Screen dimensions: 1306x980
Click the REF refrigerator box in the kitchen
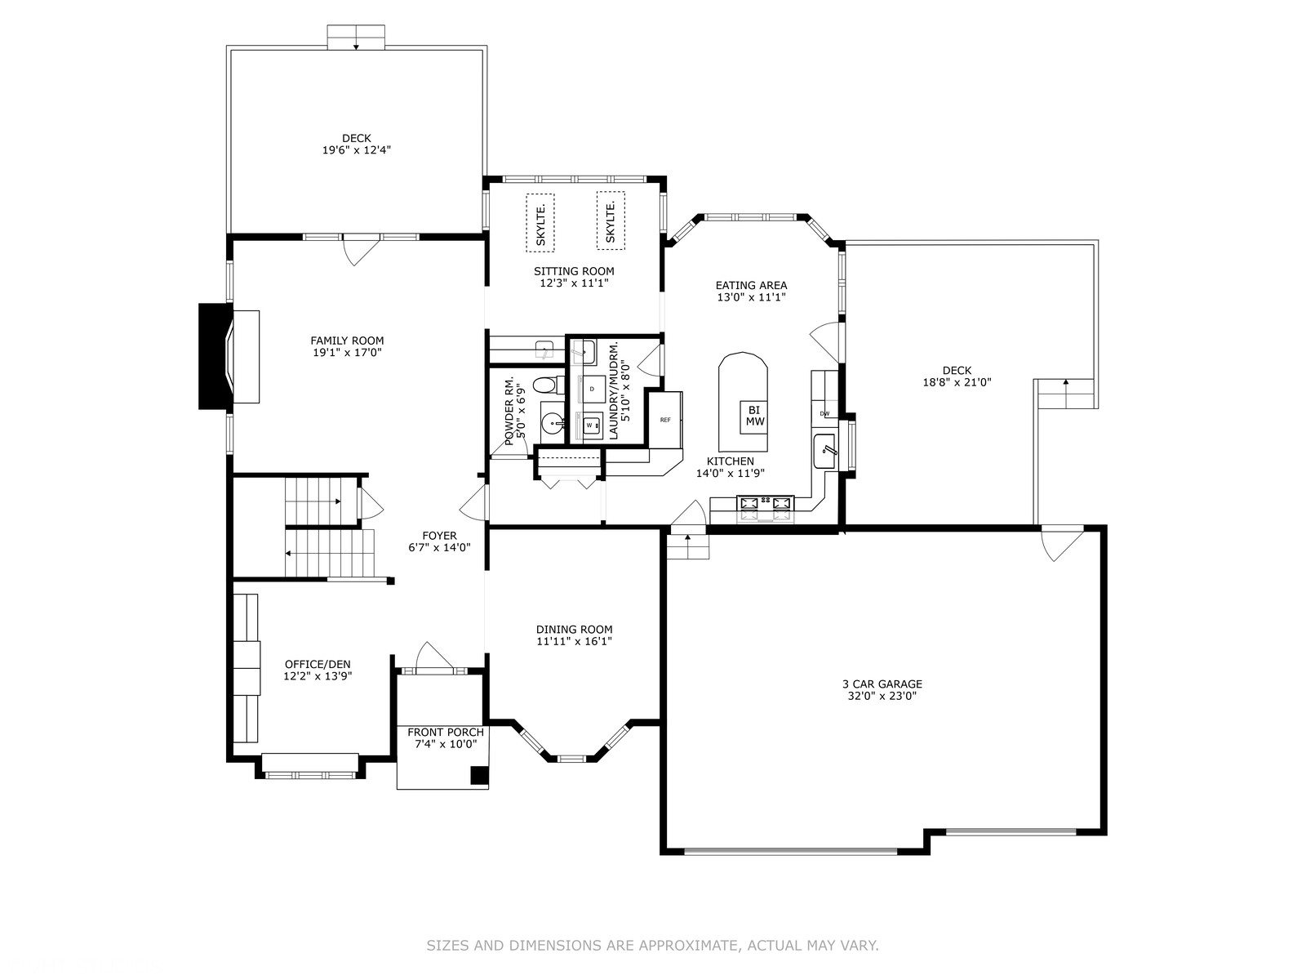(x=665, y=420)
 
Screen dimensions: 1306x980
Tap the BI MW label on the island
(x=754, y=416)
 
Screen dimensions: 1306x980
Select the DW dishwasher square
(x=824, y=413)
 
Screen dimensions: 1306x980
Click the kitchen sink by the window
(x=824, y=452)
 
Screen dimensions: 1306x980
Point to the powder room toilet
(x=545, y=385)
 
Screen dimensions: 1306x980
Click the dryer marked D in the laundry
(x=592, y=390)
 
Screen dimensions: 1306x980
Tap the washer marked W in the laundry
(x=590, y=425)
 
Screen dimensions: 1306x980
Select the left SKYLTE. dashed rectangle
(x=540, y=222)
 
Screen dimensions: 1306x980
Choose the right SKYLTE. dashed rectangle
(x=611, y=220)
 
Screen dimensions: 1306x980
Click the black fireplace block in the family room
(x=214, y=356)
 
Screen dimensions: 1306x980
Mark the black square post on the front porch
(x=479, y=775)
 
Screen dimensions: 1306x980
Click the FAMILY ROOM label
(x=348, y=341)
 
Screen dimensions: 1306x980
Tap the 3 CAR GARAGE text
(x=882, y=684)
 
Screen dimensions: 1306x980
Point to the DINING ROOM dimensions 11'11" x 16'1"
(x=574, y=641)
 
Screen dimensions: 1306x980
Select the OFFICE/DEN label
(x=318, y=664)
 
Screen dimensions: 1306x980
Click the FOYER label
(x=440, y=536)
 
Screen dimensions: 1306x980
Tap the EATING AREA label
(x=752, y=286)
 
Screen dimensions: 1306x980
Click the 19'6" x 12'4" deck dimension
(x=357, y=150)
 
